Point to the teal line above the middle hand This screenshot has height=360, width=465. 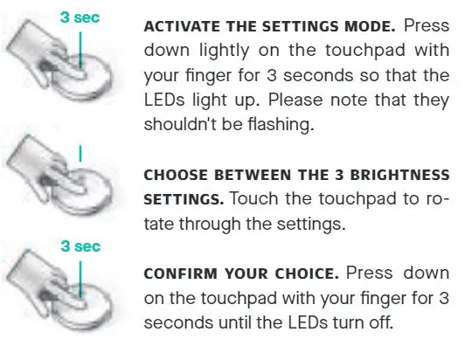(x=80, y=152)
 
